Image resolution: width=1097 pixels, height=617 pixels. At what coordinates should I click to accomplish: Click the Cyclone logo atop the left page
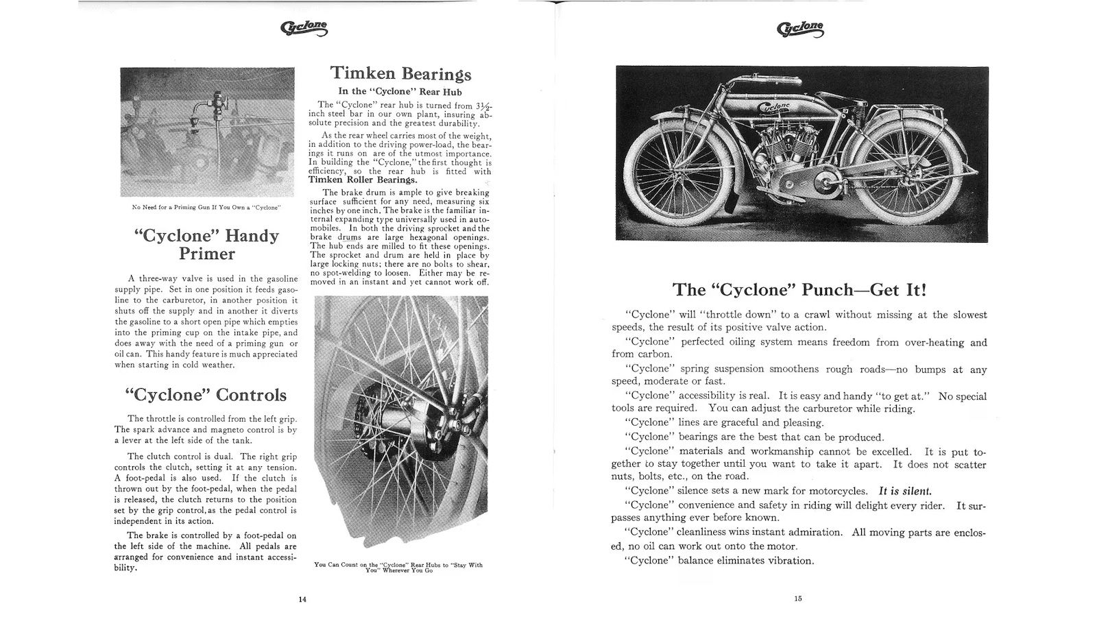pyautogui.click(x=304, y=28)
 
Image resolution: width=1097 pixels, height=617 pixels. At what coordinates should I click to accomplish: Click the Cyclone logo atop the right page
pyautogui.click(x=800, y=28)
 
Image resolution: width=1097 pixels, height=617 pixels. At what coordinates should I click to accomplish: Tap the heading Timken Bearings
pyautogui.click(x=401, y=73)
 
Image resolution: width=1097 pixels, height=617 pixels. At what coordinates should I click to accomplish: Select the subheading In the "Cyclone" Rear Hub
pyautogui.click(x=400, y=91)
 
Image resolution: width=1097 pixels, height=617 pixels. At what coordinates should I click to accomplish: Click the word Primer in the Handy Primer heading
pyautogui.click(x=207, y=254)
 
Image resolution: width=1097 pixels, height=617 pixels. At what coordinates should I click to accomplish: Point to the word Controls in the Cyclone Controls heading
pyautogui.click(x=251, y=395)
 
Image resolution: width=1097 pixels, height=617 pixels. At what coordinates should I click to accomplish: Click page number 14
pyautogui.click(x=302, y=598)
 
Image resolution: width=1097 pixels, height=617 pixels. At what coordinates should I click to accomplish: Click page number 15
pyautogui.click(x=798, y=598)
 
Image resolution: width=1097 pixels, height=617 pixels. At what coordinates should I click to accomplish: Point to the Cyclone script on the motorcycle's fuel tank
pyautogui.click(x=774, y=107)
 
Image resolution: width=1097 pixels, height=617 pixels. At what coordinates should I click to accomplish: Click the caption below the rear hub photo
pyautogui.click(x=398, y=567)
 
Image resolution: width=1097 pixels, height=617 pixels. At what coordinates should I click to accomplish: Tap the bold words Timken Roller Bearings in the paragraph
pyautogui.click(x=362, y=180)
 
